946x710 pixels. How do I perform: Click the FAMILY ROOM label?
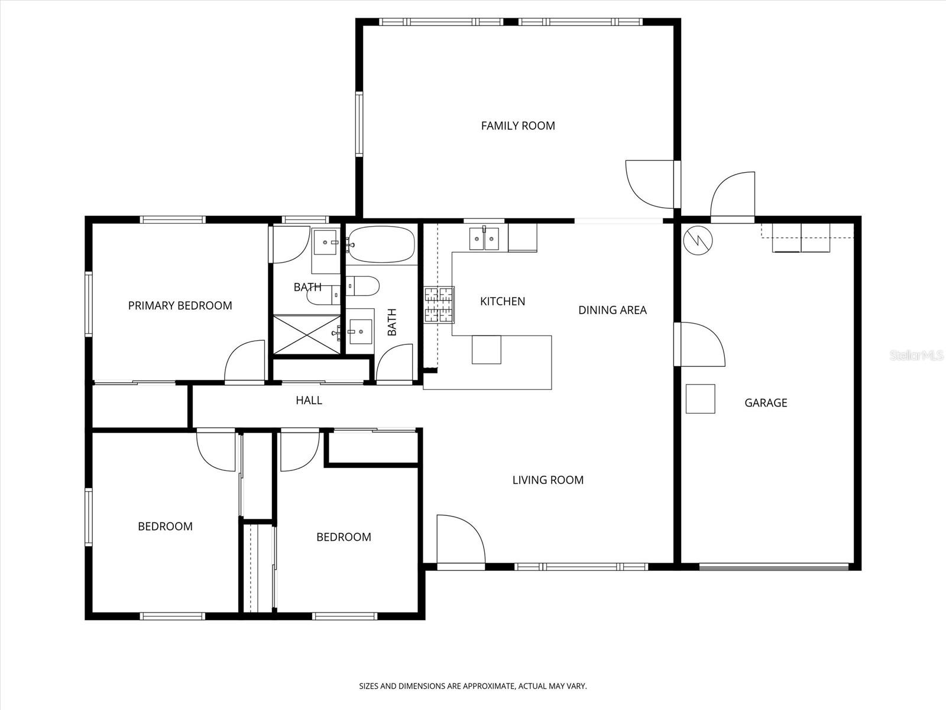point(518,125)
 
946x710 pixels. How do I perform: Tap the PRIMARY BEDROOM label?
point(180,305)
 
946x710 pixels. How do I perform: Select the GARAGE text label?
point(766,403)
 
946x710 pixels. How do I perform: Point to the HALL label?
point(309,401)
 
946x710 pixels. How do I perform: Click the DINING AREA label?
point(612,310)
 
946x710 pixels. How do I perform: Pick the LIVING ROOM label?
point(547,480)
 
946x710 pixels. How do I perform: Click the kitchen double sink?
point(484,238)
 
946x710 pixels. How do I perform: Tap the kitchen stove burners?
point(439,305)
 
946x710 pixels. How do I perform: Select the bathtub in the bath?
point(381,244)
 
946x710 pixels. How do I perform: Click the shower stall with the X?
point(307,335)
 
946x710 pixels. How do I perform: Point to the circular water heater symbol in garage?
point(698,240)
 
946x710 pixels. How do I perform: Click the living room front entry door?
point(460,540)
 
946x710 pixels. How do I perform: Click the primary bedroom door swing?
point(244,362)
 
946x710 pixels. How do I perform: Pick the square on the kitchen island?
point(486,349)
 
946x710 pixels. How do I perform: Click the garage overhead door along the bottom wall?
point(773,567)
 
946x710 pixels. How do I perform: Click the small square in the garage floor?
point(700,399)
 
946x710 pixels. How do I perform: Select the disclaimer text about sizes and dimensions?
point(473,686)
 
